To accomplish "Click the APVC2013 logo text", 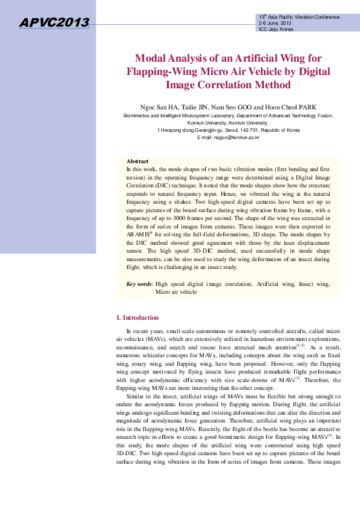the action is coord(54,23).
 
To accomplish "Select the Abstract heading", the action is coord(137,161).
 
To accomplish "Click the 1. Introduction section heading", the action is coord(137,317).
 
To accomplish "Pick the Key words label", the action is coord(139,284).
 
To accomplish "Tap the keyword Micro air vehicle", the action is coord(176,291).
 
